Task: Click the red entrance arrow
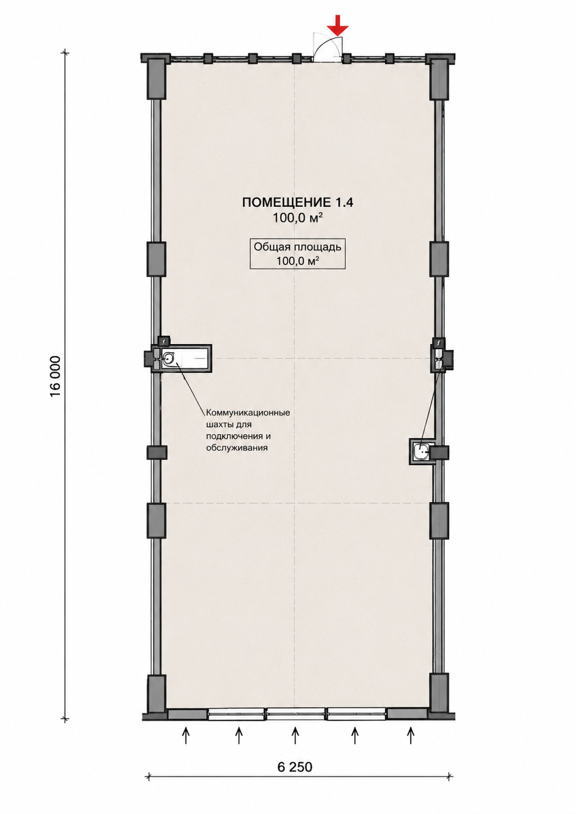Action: tap(337, 26)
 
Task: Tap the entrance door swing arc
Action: tap(322, 43)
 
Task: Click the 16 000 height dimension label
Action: tap(55, 377)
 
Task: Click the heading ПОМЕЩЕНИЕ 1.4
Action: tap(297, 203)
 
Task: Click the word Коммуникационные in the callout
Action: tap(248, 413)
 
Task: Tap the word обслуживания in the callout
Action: tap(237, 448)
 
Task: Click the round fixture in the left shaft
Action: tap(169, 359)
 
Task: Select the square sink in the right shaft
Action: tap(421, 452)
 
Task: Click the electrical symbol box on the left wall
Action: tap(164, 341)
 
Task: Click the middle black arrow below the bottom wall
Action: tap(295, 733)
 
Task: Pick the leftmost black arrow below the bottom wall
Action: tap(186, 733)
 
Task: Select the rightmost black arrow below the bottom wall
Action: tap(411, 733)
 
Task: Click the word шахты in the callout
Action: tap(218, 424)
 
